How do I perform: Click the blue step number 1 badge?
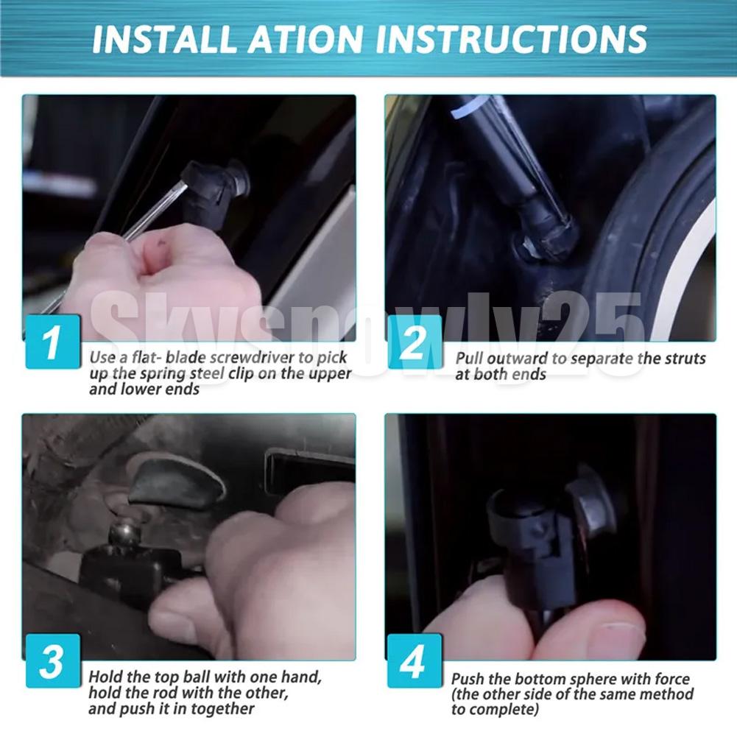point(53,341)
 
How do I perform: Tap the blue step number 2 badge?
point(415,341)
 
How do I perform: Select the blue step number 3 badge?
point(53,661)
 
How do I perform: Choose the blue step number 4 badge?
point(415,661)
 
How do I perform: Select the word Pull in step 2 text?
point(469,359)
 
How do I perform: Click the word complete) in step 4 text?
point(507,710)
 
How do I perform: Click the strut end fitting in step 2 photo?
point(548,233)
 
